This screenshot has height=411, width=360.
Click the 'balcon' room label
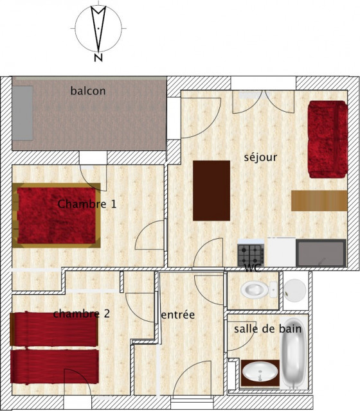88,91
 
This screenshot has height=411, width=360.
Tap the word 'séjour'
260,157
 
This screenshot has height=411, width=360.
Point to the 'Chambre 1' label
87,204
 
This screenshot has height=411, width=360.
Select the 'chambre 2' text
82,314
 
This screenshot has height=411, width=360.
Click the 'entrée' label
177,315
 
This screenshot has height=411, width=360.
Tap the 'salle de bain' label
267,329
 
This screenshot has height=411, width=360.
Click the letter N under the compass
98,58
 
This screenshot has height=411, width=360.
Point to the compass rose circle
98,28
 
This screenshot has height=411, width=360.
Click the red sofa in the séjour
327,139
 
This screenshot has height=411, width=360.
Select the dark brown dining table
212,190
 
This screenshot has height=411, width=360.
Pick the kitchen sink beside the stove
321,252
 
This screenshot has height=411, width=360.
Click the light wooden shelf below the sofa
319,200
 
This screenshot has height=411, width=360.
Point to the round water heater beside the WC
295,290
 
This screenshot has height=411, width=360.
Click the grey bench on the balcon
23,113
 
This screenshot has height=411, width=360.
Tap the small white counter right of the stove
281,251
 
